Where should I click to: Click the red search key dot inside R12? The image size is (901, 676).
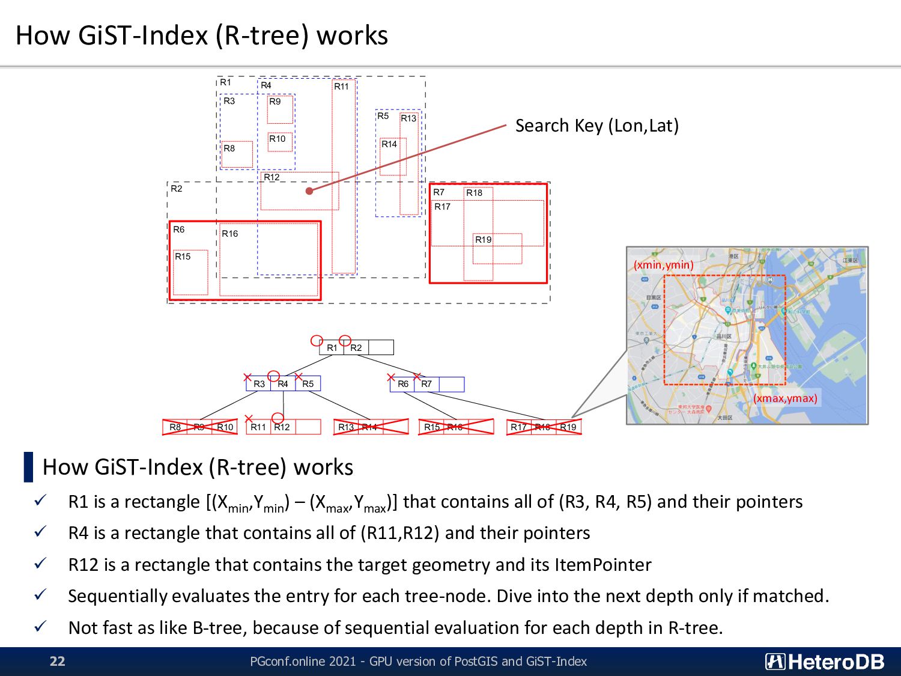[x=309, y=191]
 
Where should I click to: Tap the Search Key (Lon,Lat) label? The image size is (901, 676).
[x=596, y=126]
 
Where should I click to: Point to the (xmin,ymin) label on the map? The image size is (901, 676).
[x=663, y=265]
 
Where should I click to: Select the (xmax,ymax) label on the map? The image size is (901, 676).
[x=785, y=398]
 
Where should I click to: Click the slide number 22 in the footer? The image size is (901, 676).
[x=57, y=661]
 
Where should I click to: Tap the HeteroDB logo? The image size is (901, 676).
[x=824, y=662]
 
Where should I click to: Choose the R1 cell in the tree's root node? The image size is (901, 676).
[x=332, y=348]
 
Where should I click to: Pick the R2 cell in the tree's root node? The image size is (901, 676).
[x=356, y=348]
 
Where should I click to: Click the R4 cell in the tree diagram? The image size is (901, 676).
[x=283, y=384]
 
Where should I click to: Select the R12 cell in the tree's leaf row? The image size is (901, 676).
[x=282, y=427]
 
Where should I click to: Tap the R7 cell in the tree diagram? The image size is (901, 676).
[x=426, y=384]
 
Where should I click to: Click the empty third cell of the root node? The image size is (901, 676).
[x=381, y=348]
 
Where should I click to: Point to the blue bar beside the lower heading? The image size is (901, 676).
[x=28, y=467]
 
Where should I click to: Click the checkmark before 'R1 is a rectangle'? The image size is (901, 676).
[x=40, y=501]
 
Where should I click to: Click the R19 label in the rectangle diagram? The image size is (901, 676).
[x=484, y=240]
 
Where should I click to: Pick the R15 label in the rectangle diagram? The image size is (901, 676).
[x=183, y=257]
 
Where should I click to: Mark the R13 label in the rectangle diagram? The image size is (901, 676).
[x=408, y=118]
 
